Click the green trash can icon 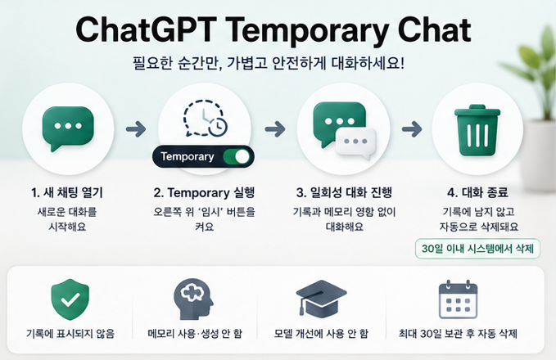[477, 130]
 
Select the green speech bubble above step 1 [68, 128]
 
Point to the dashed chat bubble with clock [206, 119]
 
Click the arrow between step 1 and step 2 [136, 129]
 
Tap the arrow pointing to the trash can [412, 129]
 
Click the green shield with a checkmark [70, 299]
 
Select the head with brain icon [193, 299]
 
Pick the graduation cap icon [321, 299]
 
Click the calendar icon [458, 299]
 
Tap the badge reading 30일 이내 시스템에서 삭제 [477, 249]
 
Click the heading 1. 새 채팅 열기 [67, 193]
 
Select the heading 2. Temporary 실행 [204, 193]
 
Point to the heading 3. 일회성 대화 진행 [344, 193]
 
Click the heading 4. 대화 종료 [477, 193]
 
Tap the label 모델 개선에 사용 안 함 [321, 334]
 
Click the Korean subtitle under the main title [269, 64]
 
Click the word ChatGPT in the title [146, 29]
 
